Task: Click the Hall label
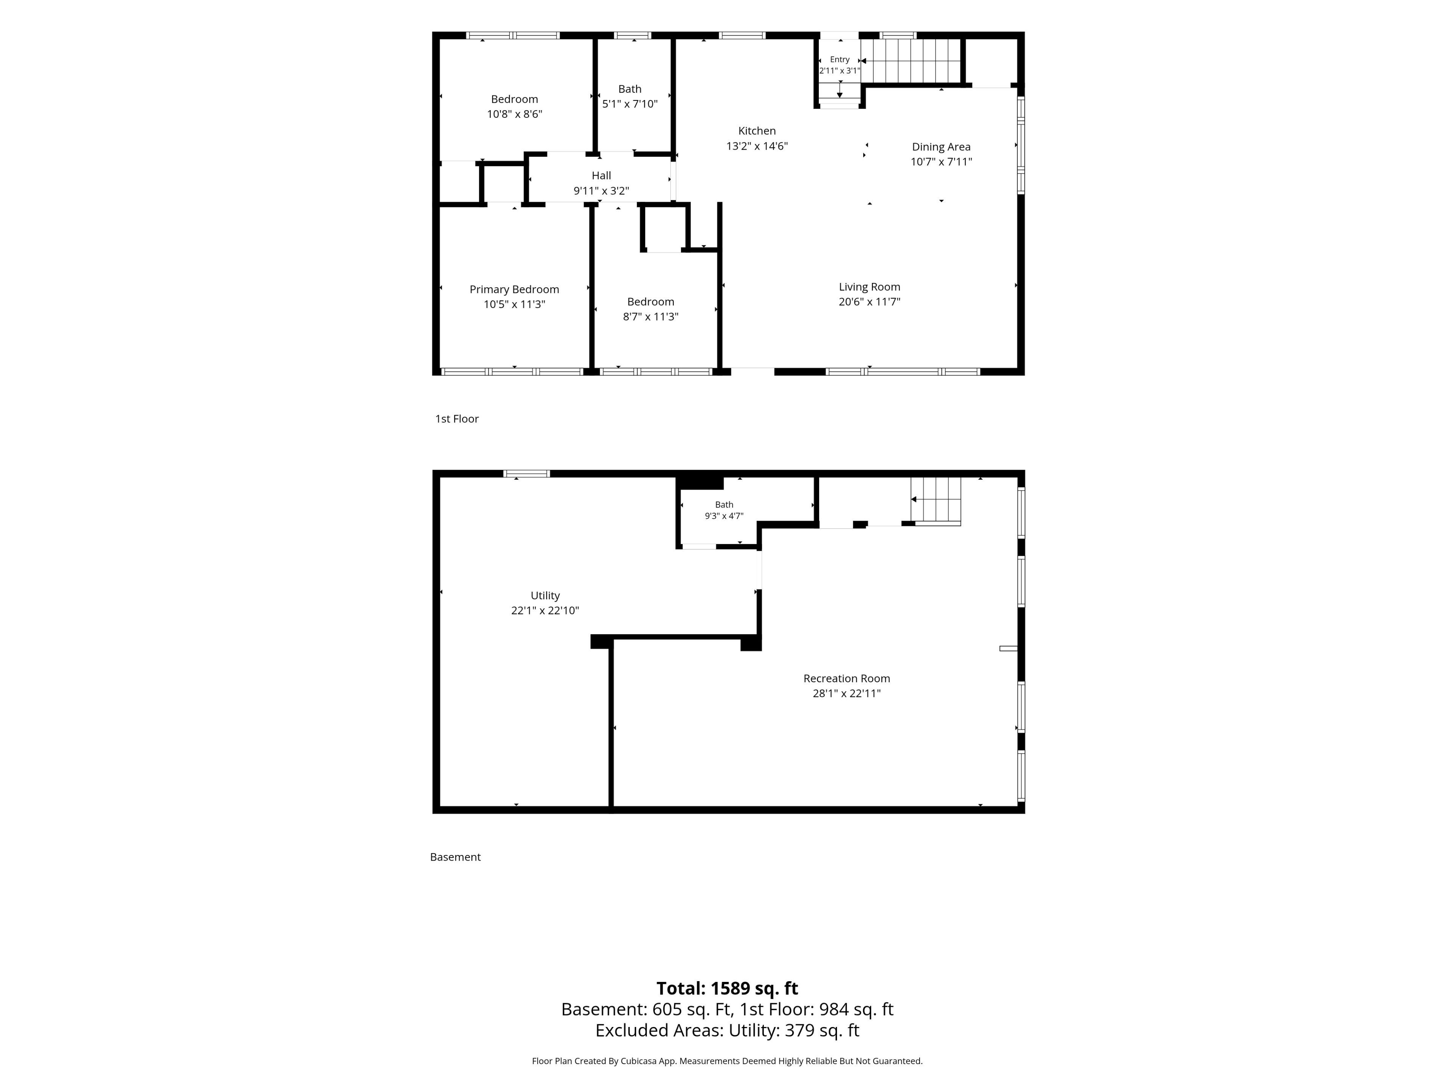click(x=601, y=176)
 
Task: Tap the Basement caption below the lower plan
click(x=455, y=857)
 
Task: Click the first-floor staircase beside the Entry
click(x=911, y=61)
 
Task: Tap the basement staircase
click(x=936, y=501)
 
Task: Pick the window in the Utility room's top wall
click(x=526, y=474)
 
